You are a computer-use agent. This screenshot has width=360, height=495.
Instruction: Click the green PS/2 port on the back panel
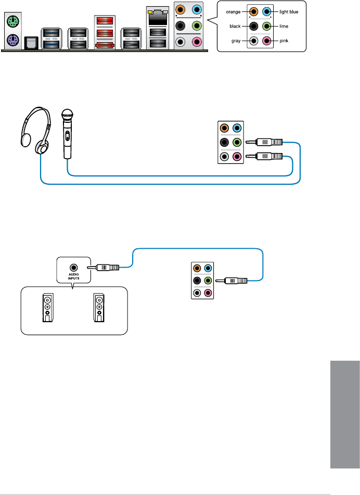point(12,22)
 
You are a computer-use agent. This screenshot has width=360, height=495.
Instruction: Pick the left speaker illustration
point(47,308)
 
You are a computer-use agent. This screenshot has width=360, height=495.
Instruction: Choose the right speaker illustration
point(98,308)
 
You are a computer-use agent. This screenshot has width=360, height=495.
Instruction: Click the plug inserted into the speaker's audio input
point(107,268)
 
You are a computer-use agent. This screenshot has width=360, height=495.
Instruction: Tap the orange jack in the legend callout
point(253,10)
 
